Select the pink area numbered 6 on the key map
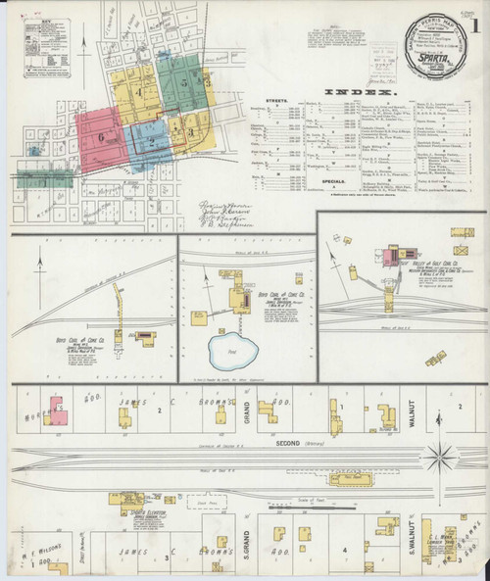[100, 138]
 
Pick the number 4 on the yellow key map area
[140, 93]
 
